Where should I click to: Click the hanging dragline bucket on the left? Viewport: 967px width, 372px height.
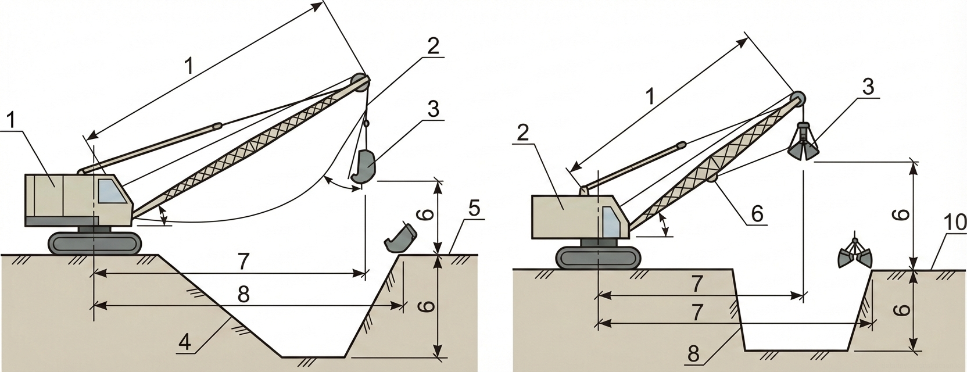coord(364,169)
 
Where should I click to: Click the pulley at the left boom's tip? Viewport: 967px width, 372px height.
coord(360,81)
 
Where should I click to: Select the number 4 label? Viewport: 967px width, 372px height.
coord(185,343)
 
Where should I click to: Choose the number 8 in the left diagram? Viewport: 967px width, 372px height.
coord(243,295)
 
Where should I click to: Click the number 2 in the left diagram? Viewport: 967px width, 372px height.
coord(433,46)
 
